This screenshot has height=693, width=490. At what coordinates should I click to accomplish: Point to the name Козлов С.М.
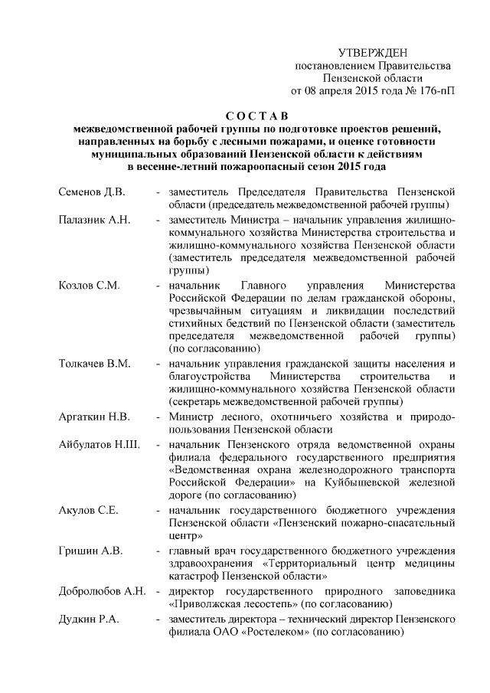click(89, 286)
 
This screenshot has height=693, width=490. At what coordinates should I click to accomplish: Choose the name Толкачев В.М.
click(93, 363)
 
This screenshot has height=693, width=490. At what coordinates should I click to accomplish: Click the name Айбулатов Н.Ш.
click(99, 446)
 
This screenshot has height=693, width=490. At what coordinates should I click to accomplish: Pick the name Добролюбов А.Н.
click(102, 592)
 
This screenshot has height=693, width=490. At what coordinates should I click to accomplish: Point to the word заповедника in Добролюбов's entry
click(426, 592)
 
